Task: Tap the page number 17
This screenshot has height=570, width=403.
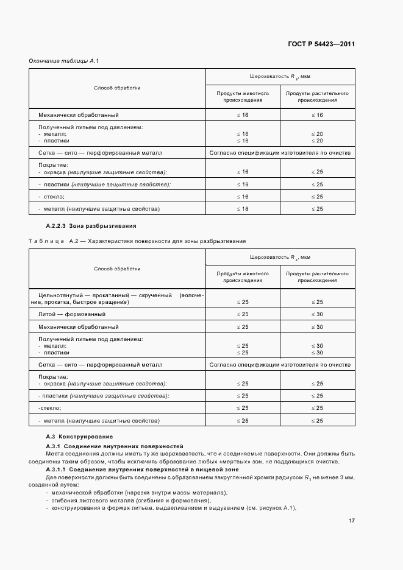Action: (352, 521)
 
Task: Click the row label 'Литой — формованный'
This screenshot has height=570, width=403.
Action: (72, 314)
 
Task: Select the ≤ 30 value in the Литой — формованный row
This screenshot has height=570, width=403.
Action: (317, 314)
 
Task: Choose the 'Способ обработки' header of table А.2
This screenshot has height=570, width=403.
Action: (117, 269)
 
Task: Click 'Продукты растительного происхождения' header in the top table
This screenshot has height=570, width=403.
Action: (317, 97)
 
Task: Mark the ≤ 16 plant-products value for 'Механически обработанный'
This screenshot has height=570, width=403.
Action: (317, 114)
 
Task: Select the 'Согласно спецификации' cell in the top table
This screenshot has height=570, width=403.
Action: (280, 153)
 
